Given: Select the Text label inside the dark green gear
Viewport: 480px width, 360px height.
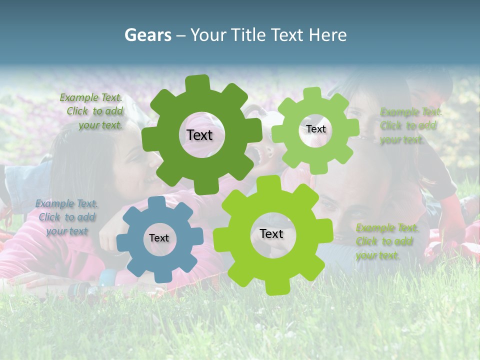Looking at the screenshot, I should click(199, 135).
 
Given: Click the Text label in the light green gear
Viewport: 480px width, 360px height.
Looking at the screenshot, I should click(315, 129).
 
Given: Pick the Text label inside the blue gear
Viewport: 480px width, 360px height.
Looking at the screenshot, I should click(158, 238).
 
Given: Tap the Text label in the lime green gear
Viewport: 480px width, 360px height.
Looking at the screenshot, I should click(271, 233).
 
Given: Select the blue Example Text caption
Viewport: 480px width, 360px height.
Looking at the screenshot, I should click(67, 217).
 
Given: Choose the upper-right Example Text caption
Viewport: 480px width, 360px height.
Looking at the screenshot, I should click(410, 125).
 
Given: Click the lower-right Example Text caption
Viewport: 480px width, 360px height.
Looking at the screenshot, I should click(386, 241).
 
